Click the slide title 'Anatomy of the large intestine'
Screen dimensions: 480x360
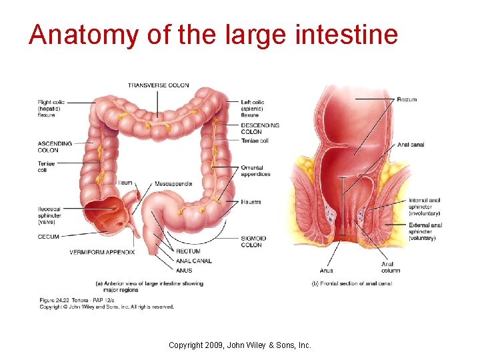[x=213, y=35]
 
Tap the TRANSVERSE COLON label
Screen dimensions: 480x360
[x=158, y=85]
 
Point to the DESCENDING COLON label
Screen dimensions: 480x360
[x=260, y=129]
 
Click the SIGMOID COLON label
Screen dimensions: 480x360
[x=253, y=241]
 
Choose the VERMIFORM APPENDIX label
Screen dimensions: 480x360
[x=102, y=252]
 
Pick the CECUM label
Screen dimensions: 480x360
[x=48, y=237]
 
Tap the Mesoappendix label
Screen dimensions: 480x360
[x=173, y=182]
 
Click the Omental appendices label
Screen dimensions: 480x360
[x=255, y=171]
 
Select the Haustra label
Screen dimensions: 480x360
[x=251, y=201]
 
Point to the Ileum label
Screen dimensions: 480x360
[x=125, y=182]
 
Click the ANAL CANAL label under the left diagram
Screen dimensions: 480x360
[x=194, y=261]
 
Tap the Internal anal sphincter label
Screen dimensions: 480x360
[x=424, y=206]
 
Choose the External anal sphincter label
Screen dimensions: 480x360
[x=424, y=231]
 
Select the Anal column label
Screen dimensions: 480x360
[x=391, y=267]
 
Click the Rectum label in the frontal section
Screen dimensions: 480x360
[x=407, y=99]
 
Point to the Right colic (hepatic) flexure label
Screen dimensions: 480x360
[x=51, y=108]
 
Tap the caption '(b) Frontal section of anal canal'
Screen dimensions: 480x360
[x=351, y=283]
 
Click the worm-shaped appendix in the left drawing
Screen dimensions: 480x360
[x=136, y=230]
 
